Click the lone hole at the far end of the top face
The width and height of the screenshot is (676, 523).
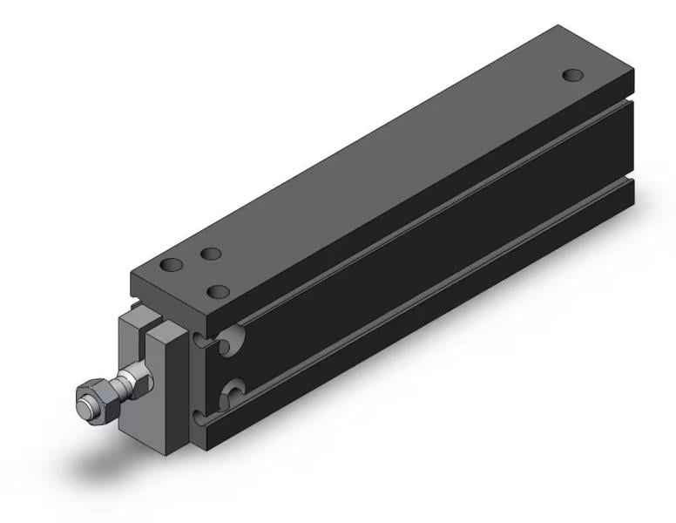click(x=572, y=75)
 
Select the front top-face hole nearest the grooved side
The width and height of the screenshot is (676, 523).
click(x=220, y=289)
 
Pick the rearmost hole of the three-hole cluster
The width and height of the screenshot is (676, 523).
click(x=210, y=254)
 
